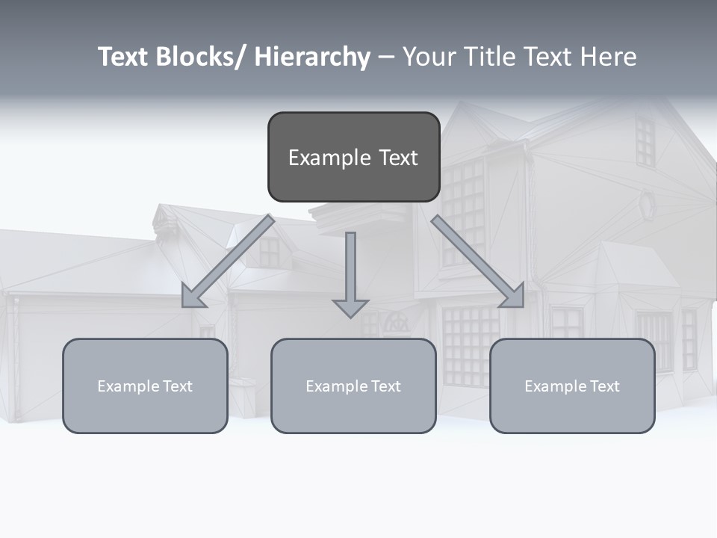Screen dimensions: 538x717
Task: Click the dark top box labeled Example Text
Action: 353,157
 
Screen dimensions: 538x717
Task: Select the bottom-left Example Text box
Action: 145,386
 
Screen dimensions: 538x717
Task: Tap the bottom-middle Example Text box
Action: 353,386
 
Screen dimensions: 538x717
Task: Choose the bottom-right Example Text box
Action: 572,386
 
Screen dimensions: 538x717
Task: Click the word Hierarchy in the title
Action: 312,58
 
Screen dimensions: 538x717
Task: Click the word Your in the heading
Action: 428,58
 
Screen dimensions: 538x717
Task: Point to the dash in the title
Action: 385,58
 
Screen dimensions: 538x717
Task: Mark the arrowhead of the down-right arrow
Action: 514,297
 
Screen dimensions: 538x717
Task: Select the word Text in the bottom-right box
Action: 604,386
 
